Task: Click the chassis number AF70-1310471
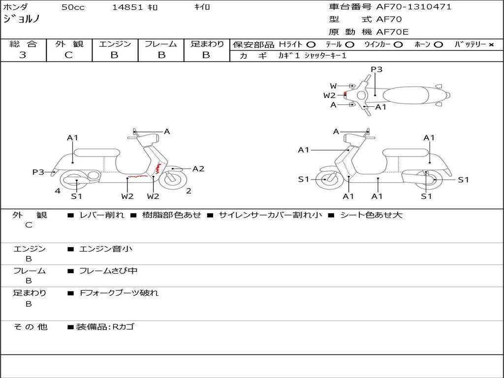pyautogui.click(x=413, y=7)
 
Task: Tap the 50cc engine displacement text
pyautogui.click(x=73, y=7)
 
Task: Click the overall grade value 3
pyautogui.click(x=23, y=55)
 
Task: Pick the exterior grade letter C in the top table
pyautogui.click(x=68, y=55)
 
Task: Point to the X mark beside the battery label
pyautogui.click(x=491, y=45)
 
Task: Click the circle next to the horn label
pyautogui.click(x=438, y=45)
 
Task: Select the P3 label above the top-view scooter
pyautogui.click(x=377, y=69)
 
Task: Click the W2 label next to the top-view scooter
pyautogui.click(x=329, y=95)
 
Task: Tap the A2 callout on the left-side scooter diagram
pyautogui.click(x=198, y=169)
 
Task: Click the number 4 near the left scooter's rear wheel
pyautogui.click(x=58, y=191)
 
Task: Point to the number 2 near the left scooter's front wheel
pyautogui.click(x=189, y=191)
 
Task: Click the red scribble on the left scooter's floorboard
pyautogui.click(x=138, y=177)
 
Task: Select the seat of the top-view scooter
pyautogui.click(x=406, y=95)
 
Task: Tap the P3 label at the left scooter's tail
pyautogui.click(x=38, y=172)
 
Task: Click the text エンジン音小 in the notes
pyautogui.click(x=106, y=249)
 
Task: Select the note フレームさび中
pyautogui.click(x=108, y=271)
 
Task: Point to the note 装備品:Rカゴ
pyautogui.click(x=105, y=327)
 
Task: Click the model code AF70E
pyautogui.click(x=392, y=32)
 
